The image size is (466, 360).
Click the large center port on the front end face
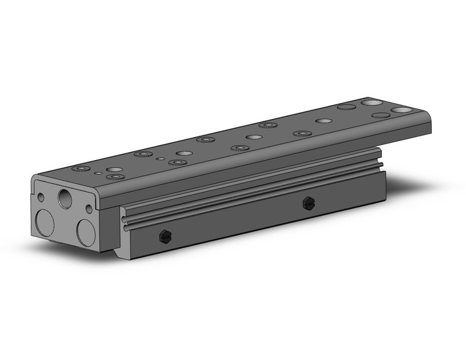tap(65, 197)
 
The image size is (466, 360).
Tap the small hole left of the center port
tap(40, 198)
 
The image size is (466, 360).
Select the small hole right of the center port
tap(89, 209)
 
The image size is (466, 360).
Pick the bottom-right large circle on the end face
tap(86, 232)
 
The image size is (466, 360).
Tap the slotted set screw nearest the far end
tap(308, 204)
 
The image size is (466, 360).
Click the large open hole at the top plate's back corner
tap(370, 102)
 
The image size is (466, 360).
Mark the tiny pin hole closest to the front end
tap(98, 174)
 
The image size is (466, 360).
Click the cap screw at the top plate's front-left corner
tap(78, 168)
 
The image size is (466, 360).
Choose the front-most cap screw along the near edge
tap(113, 177)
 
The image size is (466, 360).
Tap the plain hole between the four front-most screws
tap(114, 169)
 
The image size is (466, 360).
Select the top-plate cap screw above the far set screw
tap(301, 133)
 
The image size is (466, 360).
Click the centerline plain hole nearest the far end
tap(323, 121)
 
